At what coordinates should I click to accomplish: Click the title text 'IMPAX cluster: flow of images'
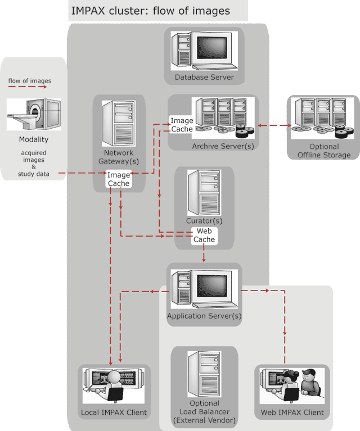[150, 10]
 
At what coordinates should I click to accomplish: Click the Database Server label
[204, 77]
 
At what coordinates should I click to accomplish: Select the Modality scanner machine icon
[34, 115]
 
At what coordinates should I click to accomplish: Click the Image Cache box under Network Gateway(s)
[119, 179]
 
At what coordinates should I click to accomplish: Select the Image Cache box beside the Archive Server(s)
[182, 125]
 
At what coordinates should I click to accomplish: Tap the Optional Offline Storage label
[323, 151]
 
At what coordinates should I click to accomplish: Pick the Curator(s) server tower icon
[204, 192]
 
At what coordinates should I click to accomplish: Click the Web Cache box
[204, 235]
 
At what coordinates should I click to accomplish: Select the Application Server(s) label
[204, 316]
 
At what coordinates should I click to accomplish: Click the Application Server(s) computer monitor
[215, 287]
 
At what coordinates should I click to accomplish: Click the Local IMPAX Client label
[114, 412]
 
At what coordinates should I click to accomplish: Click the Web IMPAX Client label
[292, 412]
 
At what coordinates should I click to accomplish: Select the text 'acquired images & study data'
[34, 163]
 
